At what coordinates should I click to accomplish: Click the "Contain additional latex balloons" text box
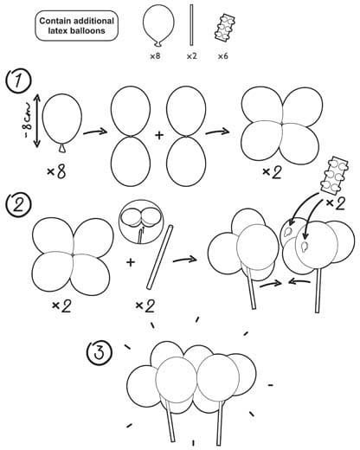(x=76, y=26)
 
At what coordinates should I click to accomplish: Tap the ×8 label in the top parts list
(x=155, y=56)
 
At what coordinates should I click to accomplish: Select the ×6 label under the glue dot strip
(x=222, y=56)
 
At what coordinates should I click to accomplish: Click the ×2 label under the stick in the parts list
(x=191, y=56)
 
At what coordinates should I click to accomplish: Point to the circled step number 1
(x=19, y=80)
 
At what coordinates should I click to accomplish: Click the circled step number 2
(x=18, y=206)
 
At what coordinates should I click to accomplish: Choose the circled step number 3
(x=100, y=353)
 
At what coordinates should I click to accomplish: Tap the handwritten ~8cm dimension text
(x=29, y=120)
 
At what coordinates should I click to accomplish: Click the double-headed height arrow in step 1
(x=37, y=120)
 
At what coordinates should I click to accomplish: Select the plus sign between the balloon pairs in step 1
(x=159, y=135)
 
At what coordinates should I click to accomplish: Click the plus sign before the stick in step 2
(x=131, y=262)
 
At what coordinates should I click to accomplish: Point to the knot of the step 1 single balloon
(x=62, y=148)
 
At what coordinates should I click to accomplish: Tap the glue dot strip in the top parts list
(x=225, y=29)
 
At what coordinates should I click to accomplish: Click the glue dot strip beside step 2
(x=334, y=175)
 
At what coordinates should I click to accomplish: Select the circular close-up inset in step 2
(x=141, y=222)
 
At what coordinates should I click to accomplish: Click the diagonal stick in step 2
(x=160, y=257)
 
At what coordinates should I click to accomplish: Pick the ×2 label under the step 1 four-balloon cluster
(x=272, y=172)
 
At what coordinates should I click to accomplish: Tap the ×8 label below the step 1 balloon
(x=56, y=172)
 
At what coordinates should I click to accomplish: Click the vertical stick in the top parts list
(x=191, y=25)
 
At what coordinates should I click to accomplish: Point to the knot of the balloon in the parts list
(x=157, y=44)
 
